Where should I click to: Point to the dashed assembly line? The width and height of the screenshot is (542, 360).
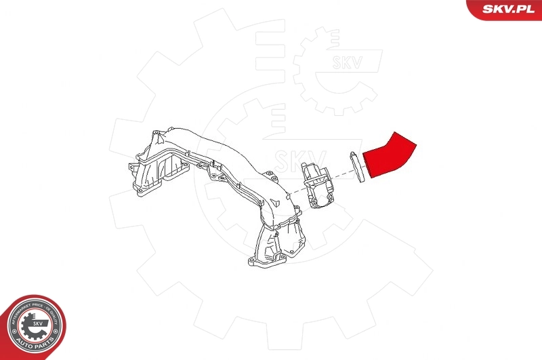pos(342,178)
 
